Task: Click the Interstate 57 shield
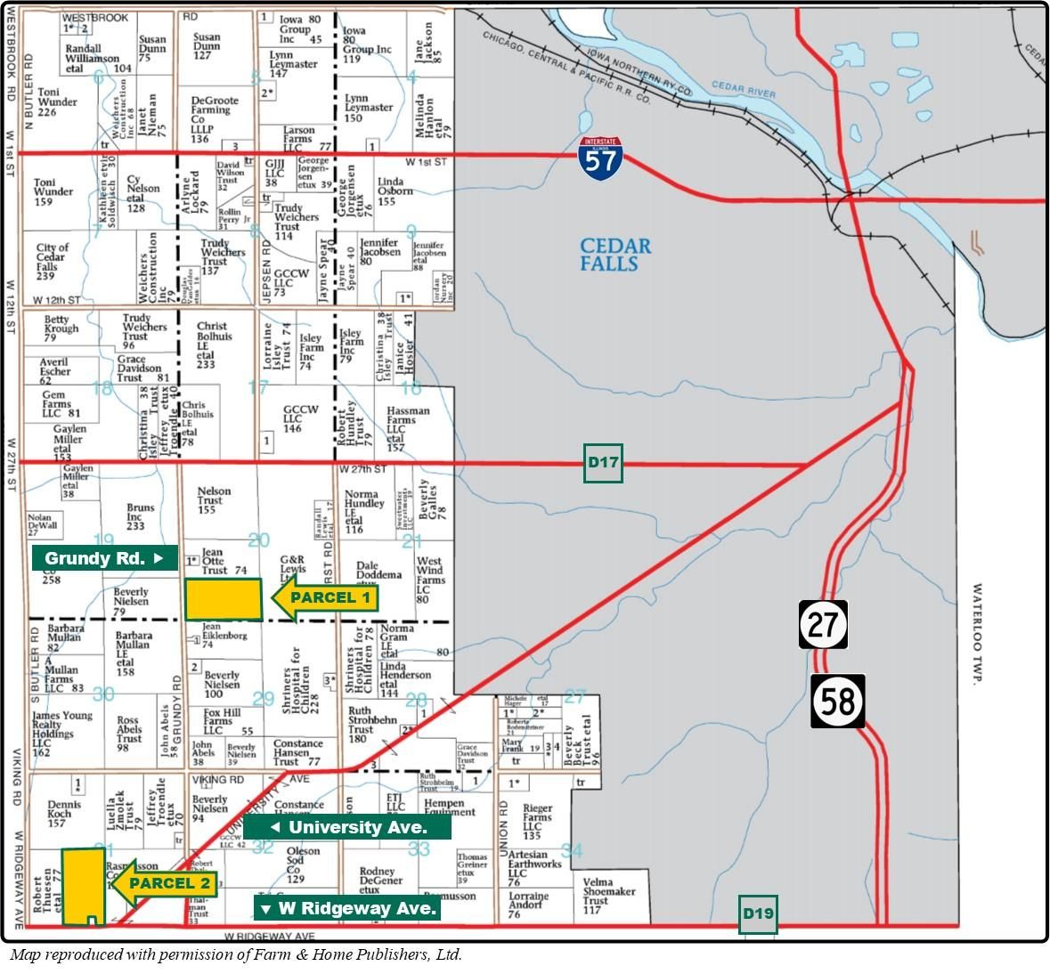[x=598, y=158]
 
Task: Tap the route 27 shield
[x=822, y=624]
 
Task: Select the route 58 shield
[x=837, y=701]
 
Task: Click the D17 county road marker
[x=603, y=463]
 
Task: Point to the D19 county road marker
[x=758, y=914]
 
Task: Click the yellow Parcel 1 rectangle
[x=224, y=599]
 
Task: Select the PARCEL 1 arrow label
[x=324, y=598]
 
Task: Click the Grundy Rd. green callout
[x=105, y=558]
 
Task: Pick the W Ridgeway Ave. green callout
[x=347, y=908]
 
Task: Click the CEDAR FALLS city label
[x=615, y=255]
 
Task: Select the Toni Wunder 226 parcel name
[x=59, y=101]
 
